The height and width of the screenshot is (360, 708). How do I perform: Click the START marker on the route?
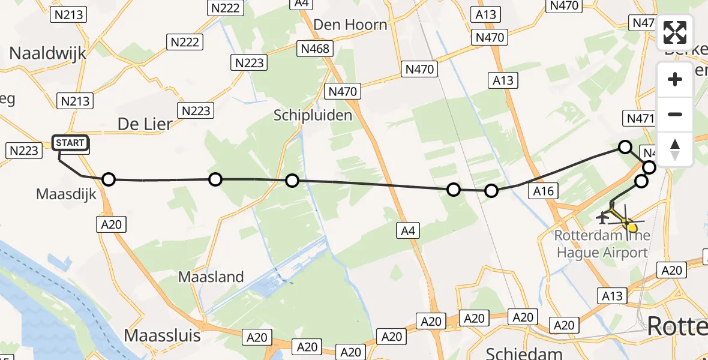coord(71,143)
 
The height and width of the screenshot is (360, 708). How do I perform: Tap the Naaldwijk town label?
coord(48,53)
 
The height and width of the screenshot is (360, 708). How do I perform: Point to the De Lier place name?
coord(145,124)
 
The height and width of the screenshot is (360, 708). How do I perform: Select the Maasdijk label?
coord(67,194)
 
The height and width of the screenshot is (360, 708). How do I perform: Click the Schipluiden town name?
coord(313,115)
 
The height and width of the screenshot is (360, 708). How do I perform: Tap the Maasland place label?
coord(211,277)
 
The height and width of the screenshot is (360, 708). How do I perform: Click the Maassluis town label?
coord(163,334)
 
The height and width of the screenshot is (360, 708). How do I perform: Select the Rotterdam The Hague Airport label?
coord(602,244)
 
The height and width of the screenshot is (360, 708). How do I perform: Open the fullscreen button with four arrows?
coord(675,32)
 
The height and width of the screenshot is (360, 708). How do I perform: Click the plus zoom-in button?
coord(675,79)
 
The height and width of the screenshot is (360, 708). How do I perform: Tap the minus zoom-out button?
coord(675,114)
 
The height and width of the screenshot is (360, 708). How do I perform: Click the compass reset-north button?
coord(675,149)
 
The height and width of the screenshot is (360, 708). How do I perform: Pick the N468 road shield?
coord(316,49)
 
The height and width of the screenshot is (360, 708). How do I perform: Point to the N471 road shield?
coord(640,118)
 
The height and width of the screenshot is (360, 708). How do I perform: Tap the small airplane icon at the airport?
coord(603,216)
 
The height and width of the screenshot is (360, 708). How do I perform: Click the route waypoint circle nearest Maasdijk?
coord(108,179)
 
